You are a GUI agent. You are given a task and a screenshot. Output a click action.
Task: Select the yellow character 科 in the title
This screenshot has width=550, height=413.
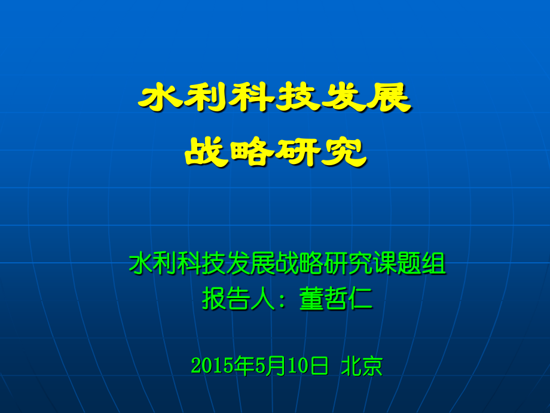click(x=252, y=98)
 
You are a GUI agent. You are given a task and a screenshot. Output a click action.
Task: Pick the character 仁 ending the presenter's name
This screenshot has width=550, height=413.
click(x=360, y=299)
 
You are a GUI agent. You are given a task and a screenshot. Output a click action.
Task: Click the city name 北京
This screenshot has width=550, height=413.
click(x=360, y=365)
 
